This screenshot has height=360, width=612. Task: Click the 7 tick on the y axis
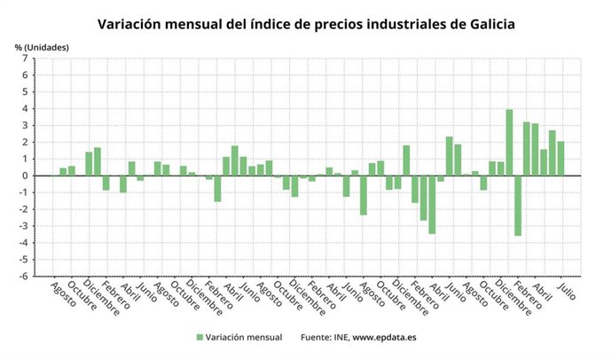coord(26,59)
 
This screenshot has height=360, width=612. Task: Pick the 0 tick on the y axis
coord(26,176)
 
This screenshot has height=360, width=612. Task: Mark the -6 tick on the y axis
coord(24,276)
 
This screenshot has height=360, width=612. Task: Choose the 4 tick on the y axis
coord(26,109)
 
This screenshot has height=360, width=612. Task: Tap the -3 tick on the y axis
coord(24,226)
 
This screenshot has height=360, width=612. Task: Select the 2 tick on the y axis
coord(26,142)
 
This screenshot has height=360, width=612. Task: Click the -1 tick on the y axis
coord(24,192)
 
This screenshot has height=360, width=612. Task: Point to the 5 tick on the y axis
coord(26,92)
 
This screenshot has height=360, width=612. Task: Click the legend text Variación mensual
coord(244,338)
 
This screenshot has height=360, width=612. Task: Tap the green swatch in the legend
coord(199,338)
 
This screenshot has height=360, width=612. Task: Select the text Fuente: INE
coord(325,338)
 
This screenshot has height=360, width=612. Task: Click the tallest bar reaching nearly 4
coord(509,142)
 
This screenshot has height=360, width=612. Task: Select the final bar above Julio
coord(561,159)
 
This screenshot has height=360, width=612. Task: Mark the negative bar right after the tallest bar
coord(518,205)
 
